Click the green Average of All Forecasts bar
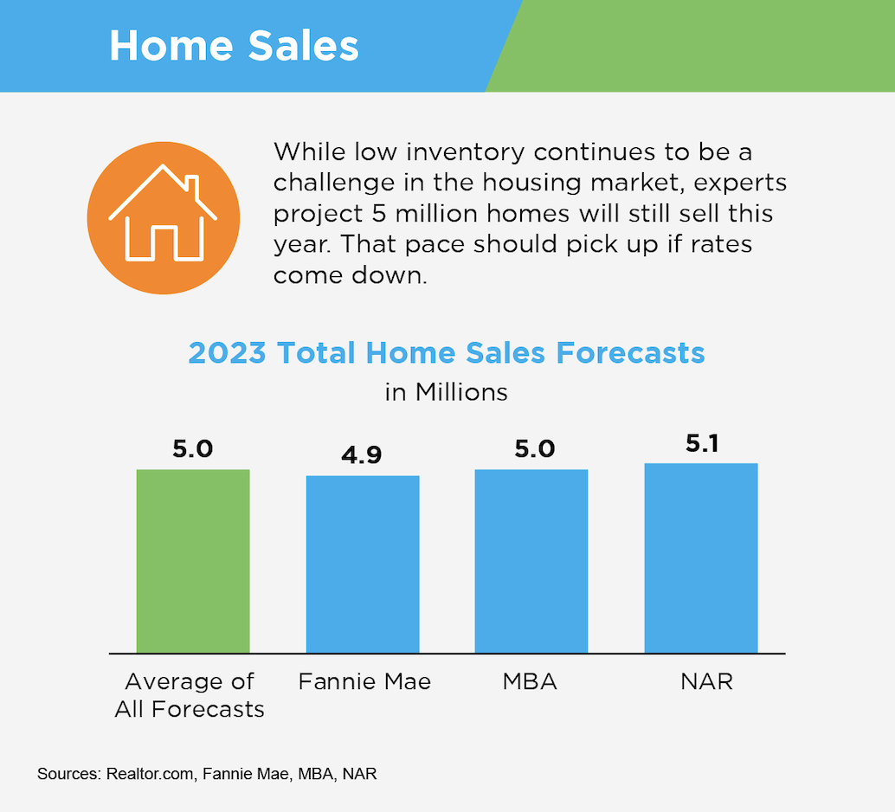point(193,561)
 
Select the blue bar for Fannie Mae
point(363,564)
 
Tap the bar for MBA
point(531,561)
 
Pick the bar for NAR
point(701,557)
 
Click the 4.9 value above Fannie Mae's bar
point(362,454)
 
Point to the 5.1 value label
point(701,443)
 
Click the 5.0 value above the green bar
point(193,449)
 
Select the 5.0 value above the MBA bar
point(531,449)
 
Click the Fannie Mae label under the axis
point(364,681)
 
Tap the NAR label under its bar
point(706,681)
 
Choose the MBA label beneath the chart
point(530,681)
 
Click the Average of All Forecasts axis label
point(190,695)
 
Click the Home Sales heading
point(234,46)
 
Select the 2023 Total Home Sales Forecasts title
point(447,353)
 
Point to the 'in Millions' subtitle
point(446,391)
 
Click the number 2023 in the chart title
point(228,353)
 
